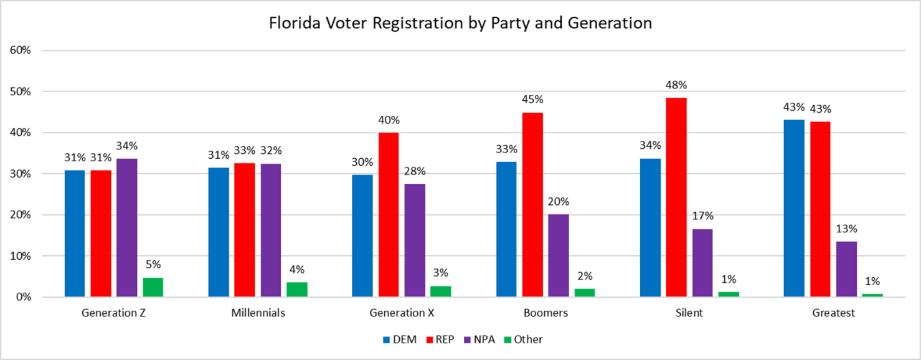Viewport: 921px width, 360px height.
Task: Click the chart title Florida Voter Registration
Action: tap(460, 23)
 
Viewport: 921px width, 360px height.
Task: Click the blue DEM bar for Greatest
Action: tap(794, 208)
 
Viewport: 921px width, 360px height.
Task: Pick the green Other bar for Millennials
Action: tap(297, 290)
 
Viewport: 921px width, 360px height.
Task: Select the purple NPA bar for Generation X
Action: tap(415, 240)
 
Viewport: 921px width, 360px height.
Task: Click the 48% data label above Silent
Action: tap(676, 85)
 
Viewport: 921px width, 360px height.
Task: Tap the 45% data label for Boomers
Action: tap(533, 99)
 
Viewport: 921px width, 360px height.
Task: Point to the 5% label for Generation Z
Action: tap(154, 264)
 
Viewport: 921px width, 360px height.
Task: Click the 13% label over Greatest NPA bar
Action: tap(846, 228)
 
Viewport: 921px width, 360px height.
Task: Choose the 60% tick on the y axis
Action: tap(21, 50)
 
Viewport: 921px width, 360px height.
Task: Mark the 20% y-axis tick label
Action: tap(21, 215)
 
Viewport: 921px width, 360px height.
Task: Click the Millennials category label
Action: tap(258, 313)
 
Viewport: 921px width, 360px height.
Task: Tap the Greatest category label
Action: tap(833, 313)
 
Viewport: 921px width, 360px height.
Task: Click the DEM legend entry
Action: tap(400, 339)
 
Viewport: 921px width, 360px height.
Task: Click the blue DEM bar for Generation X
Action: tap(362, 236)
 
